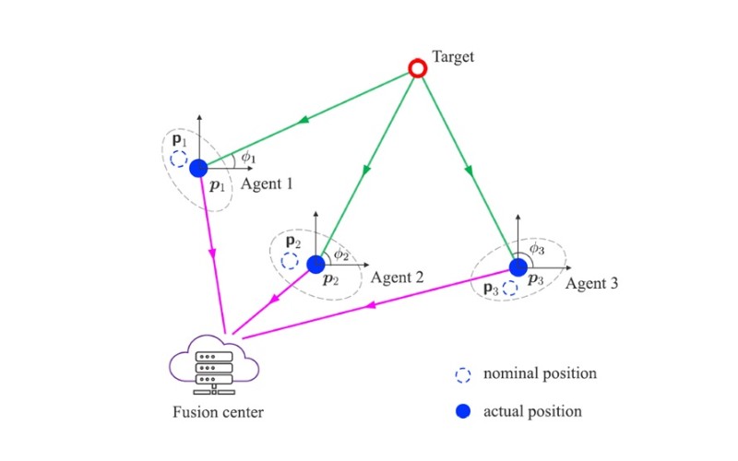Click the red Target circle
coord(417,67)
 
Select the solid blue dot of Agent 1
coord(198,169)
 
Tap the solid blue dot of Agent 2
coord(315,265)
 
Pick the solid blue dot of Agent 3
coord(518,266)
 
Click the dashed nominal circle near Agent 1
coord(180,159)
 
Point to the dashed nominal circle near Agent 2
coord(290,261)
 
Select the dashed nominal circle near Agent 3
coord(511,288)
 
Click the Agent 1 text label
coord(267,183)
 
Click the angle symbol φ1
coord(247,158)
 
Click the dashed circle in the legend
coord(463,374)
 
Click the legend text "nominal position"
coord(540,374)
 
